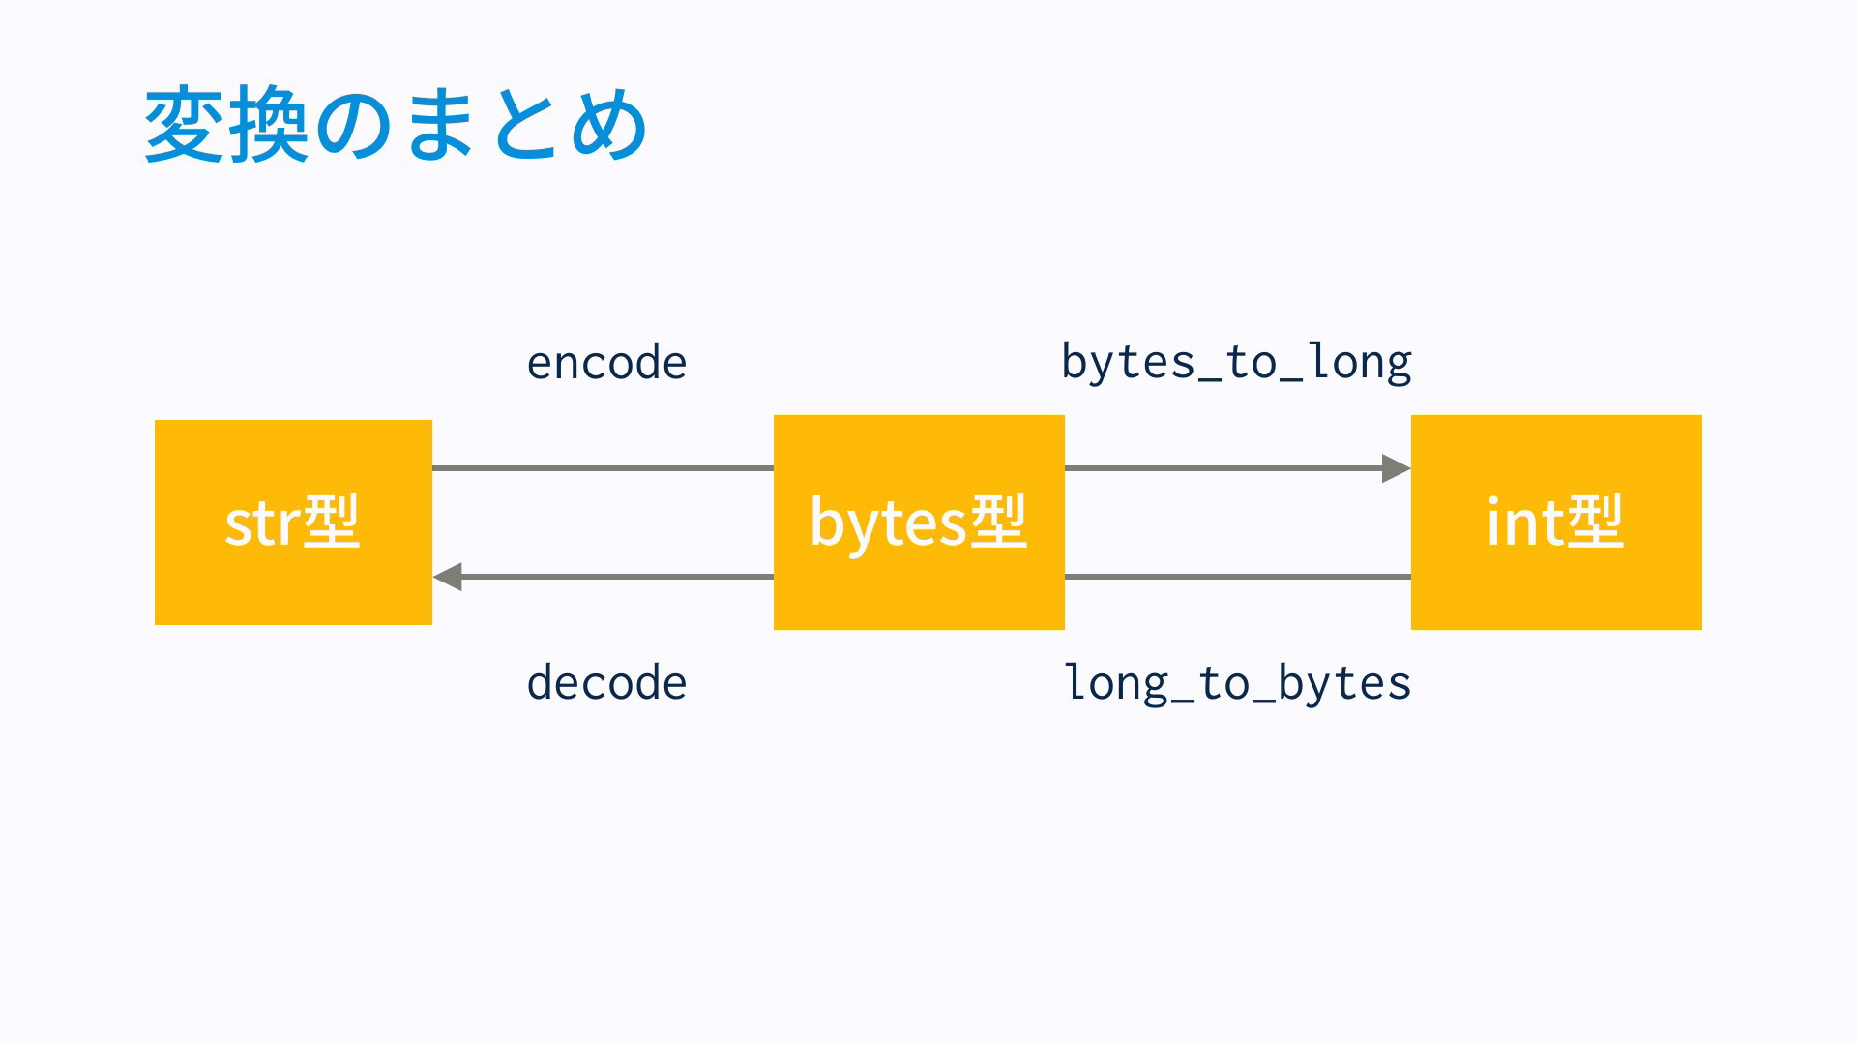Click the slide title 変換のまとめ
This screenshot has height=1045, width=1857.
tap(396, 124)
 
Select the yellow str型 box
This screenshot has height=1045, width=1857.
tap(293, 522)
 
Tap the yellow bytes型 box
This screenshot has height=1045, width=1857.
tap(919, 522)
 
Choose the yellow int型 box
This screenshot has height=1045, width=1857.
tap(1556, 522)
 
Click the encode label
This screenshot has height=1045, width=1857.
tap(606, 363)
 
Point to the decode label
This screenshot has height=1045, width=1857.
tap(606, 683)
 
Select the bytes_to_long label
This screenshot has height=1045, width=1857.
tap(1236, 363)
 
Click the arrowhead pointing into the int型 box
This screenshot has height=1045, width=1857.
tap(1397, 468)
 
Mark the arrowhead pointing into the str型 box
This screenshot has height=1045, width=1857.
tap(447, 577)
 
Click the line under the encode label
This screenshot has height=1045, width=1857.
tap(603, 468)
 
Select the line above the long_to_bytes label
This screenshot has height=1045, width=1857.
tap(1238, 577)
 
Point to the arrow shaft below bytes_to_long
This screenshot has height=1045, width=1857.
tap(1223, 468)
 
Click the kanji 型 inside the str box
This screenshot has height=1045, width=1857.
tap(332, 522)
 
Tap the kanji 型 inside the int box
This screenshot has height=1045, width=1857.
tap(1595, 522)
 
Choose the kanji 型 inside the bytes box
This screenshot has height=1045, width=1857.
tap(998, 522)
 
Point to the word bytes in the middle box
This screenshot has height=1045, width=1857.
tap(889, 523)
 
